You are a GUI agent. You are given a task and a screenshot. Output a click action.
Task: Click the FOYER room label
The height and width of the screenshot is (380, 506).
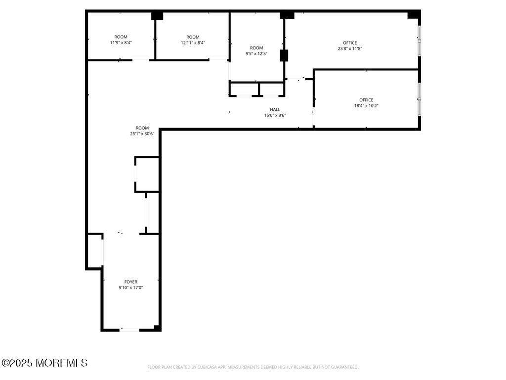coord(130,282)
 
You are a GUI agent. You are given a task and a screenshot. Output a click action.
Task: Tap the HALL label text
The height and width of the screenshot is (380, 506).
coord(275,109)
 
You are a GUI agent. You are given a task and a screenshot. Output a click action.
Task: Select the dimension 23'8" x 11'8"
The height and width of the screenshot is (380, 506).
coord(350,48)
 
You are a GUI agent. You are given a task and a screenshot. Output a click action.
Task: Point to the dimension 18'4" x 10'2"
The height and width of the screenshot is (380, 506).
coord(366,106)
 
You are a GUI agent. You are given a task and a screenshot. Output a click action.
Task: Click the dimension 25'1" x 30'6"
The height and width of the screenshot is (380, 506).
coord(142,134)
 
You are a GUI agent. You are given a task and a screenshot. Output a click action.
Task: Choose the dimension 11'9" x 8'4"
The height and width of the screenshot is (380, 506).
coord(121,43)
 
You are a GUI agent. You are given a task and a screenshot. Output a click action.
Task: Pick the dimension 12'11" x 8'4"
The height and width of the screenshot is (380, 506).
coord(193,43)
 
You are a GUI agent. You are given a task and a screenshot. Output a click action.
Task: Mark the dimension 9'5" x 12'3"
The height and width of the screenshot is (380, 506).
coord(256,53)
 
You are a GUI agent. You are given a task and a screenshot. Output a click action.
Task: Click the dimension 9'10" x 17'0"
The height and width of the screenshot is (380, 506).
coord(130,287)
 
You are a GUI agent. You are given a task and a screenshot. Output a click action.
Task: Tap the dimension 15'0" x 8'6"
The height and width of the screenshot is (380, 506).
coord(275,115)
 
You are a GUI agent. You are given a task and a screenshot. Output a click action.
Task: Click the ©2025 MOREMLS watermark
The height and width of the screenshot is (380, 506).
coord(44,363)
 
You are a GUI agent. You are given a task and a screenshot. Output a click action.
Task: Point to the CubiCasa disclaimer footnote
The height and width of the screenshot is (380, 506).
coord(253,367)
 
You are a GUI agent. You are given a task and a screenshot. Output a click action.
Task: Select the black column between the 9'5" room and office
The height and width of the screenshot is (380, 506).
coord(284,55)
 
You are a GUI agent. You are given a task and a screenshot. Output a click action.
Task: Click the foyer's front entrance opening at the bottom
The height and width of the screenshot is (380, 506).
coord(130,330)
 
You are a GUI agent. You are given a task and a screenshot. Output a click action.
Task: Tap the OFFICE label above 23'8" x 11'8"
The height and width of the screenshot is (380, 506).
coord(350,43)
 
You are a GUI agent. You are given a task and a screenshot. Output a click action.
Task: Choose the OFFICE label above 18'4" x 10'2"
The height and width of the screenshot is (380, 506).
coord(366,100)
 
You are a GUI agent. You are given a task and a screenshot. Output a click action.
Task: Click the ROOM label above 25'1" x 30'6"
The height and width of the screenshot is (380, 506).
coord(142,128)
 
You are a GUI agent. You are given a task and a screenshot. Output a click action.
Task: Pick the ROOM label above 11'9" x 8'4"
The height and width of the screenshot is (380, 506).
coord(121,37)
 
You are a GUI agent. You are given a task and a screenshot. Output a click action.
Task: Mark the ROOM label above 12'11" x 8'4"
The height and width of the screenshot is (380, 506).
coord(193,37)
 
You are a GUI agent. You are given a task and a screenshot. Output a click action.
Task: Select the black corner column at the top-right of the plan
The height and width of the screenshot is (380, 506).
coord(414,14)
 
